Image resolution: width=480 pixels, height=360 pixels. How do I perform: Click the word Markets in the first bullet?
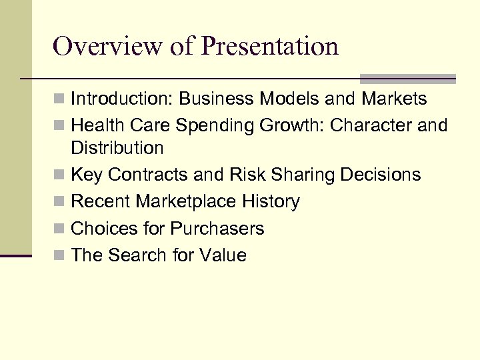tap(394, 99)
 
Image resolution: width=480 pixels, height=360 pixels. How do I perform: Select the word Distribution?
tap(117, 147)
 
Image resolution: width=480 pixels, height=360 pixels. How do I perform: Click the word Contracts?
tap(149, 175)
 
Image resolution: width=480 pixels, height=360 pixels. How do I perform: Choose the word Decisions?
tap(379, 175)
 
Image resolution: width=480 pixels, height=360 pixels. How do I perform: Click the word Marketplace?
tap(189, 201)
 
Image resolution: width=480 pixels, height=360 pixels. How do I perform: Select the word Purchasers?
tap(217, 229)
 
